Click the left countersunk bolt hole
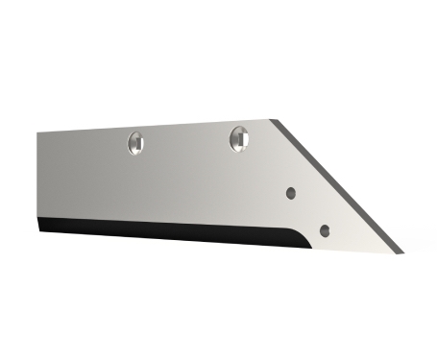coord(136,143)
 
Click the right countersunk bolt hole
coord(239,138)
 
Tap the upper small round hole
coord(292,192)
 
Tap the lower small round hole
coord(325,230)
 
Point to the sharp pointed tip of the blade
coord(401,252)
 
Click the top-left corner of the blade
coord(38,133)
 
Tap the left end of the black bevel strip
coord(42,228)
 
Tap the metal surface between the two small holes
coord(308,211)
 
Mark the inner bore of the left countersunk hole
coord(137,145)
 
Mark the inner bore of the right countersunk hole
coord(240,140)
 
